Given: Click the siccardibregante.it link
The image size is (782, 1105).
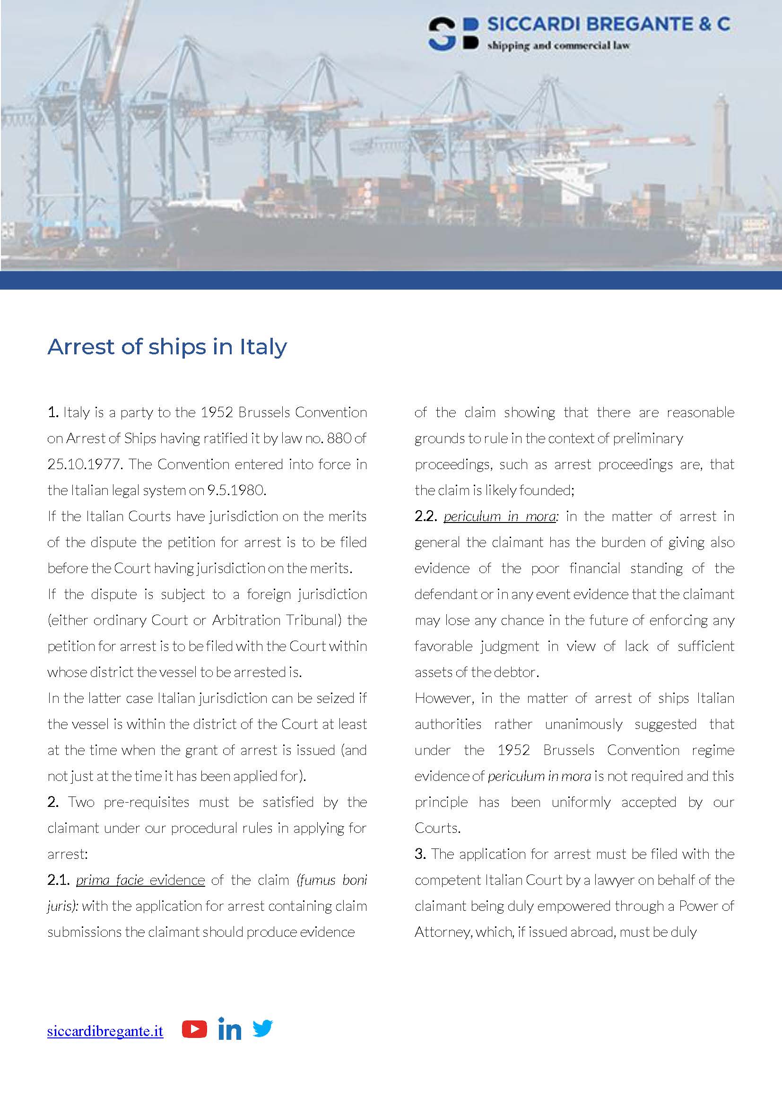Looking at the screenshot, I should [x=105, y=1031].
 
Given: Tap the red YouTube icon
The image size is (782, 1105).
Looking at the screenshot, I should [x=194, y=1029].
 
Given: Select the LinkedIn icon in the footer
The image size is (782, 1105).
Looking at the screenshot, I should [x=229, y=1028].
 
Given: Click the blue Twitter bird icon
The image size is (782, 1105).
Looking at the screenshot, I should [x=262, y=1028].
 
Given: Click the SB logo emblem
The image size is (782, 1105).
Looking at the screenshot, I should [x=453, y=34].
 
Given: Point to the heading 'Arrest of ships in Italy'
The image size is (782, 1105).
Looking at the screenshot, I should [x=167, y=346].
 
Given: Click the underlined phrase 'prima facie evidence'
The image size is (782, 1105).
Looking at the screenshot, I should [x=140, y=880].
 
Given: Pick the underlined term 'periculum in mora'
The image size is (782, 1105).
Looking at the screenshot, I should [x=499, y=516].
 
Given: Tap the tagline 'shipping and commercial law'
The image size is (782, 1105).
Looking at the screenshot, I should [x=558, y=46].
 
